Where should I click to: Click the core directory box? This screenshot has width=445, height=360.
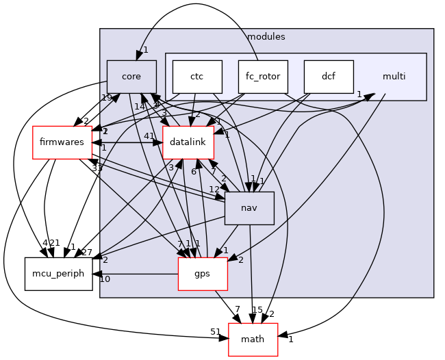(131, 77)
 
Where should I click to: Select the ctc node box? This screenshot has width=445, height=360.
(197, 77)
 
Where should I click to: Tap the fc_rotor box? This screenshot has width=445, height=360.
(263, 77)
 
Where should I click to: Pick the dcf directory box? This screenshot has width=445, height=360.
(329, 77)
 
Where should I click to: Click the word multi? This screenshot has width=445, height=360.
(394, 76)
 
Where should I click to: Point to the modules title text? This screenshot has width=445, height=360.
(266, 36)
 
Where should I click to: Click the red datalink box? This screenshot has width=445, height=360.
(188, 142)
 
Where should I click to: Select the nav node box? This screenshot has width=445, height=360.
(249, 208)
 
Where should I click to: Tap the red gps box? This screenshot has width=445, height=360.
(203, 274)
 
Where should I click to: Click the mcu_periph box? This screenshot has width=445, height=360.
(58, 274)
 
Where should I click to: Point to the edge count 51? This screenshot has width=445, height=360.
(216, 332)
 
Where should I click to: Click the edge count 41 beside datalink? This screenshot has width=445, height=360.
(149, 136)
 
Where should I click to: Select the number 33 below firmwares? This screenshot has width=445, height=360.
(97, 168)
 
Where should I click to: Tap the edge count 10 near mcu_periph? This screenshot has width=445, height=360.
(105, 279)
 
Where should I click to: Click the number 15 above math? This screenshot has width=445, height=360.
(257, 310)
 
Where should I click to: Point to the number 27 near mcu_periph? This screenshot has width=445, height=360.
(86, 253)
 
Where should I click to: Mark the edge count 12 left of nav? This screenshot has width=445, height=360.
(214, 190)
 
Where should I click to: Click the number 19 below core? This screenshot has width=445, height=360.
(107, 98)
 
